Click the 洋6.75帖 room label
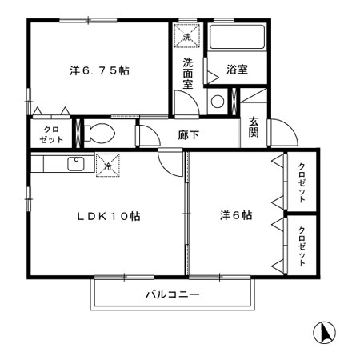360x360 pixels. pos(99,70)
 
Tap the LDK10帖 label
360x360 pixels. pos(109,216)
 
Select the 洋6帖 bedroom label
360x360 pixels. pos(236,215)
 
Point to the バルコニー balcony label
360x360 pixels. pos(173,294)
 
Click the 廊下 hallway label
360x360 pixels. pos(189,135)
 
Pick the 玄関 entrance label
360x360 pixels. pos(254,127)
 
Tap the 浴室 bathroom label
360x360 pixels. pos(237,70)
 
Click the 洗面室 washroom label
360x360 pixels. pos(188,74)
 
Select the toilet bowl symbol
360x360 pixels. pos(99,133)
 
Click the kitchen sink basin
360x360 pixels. pos(76,164)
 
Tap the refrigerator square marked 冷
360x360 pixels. pos(108,165)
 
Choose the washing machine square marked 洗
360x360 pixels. pos(187,36)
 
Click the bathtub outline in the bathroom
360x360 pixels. pos(237,37)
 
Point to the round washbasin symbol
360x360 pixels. pos(218,102)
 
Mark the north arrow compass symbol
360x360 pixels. pos(324,333)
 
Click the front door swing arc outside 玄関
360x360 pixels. pos(293,126)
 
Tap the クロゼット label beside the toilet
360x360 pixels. pos(51,134)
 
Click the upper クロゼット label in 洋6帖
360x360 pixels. pos(302,183)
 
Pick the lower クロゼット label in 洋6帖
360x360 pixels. pos(302,246)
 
